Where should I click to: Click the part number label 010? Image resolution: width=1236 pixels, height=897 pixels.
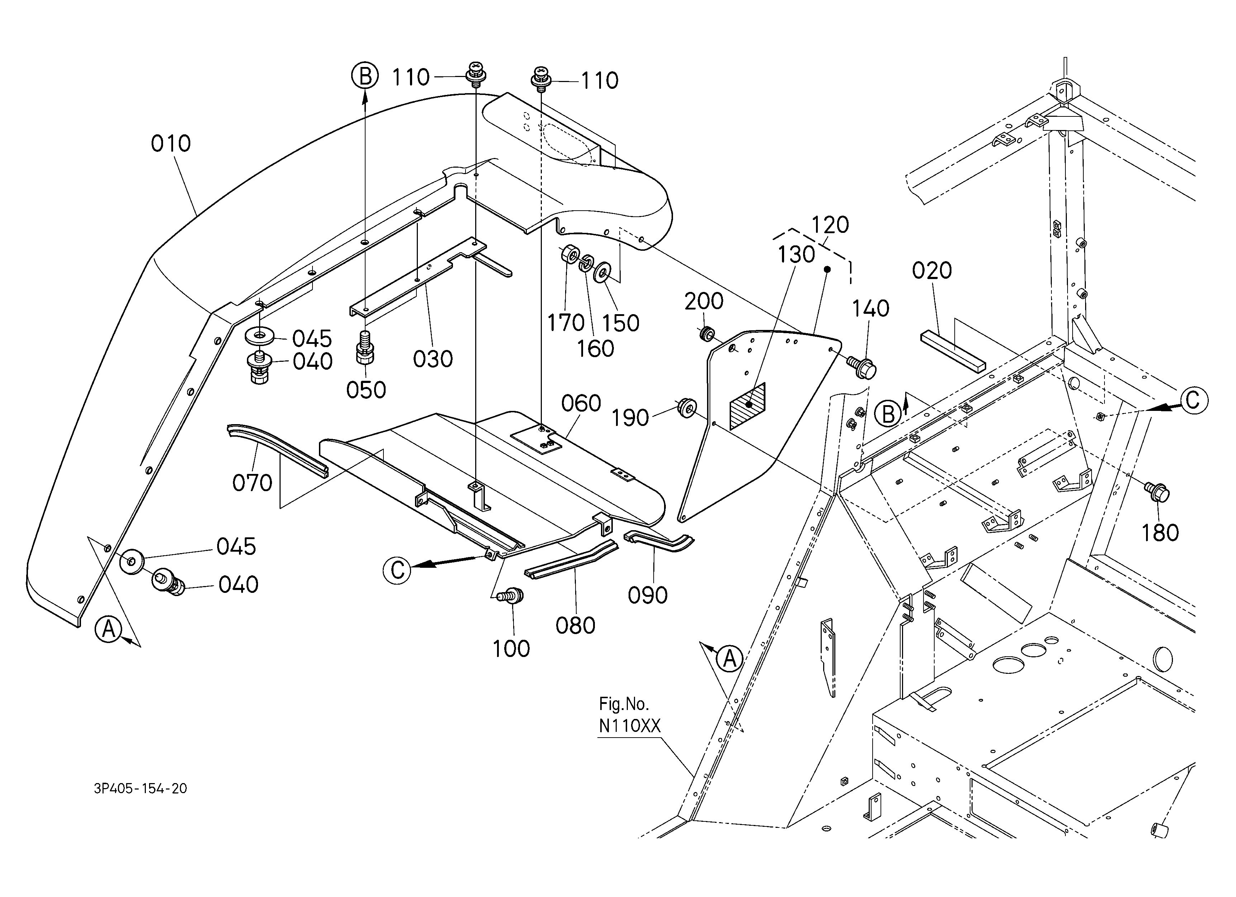point(171,144)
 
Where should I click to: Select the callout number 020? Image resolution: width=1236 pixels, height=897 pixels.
point(932,271)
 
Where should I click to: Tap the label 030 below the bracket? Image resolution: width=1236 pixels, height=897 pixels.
point(433,359)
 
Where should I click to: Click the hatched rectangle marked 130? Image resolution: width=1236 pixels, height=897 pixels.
point(747,406)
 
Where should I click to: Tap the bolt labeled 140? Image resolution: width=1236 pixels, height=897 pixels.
point(861,366)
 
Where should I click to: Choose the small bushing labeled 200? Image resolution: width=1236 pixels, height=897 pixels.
point(706,333)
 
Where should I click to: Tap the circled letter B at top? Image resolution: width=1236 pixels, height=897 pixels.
point(364,76)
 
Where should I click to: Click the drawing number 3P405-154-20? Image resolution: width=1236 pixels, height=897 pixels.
point(140,788)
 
